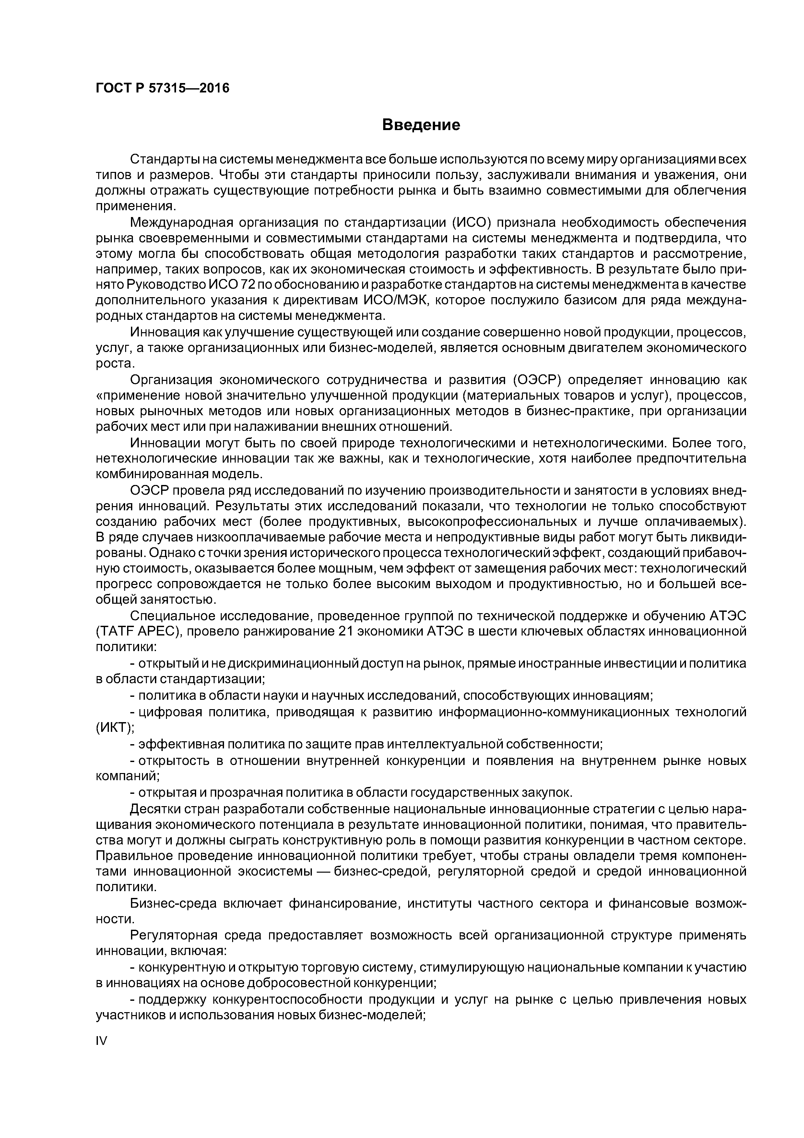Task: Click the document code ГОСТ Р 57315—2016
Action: click(162, 88)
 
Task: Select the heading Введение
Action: click(421, 125)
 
